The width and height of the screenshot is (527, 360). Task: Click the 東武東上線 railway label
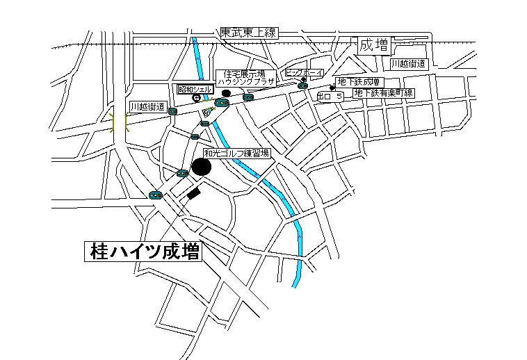(x=248, y=33)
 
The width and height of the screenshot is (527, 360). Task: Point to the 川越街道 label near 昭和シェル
(x=147, y=107)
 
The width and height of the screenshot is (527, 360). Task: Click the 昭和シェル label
(x=195, y=89)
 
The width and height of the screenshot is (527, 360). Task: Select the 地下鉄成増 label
(x=357, y=81)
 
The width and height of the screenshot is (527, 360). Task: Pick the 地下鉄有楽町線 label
(x=384, y=92)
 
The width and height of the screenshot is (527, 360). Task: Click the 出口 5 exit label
(x=330, y=96)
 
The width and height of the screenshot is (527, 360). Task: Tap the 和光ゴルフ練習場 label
(x=236, y=153)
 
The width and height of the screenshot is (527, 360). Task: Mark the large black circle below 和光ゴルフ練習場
(x=202, y=167)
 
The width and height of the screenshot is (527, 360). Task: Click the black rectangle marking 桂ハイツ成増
(x=193, y=193)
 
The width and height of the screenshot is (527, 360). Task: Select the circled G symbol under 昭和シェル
(x=197, y=99)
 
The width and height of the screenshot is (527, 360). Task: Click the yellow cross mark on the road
(x=120, y=124)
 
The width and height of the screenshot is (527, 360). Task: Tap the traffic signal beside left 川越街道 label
(x=172, y=111)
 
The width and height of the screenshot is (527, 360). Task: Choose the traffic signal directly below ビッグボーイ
(x=302, y=85)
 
